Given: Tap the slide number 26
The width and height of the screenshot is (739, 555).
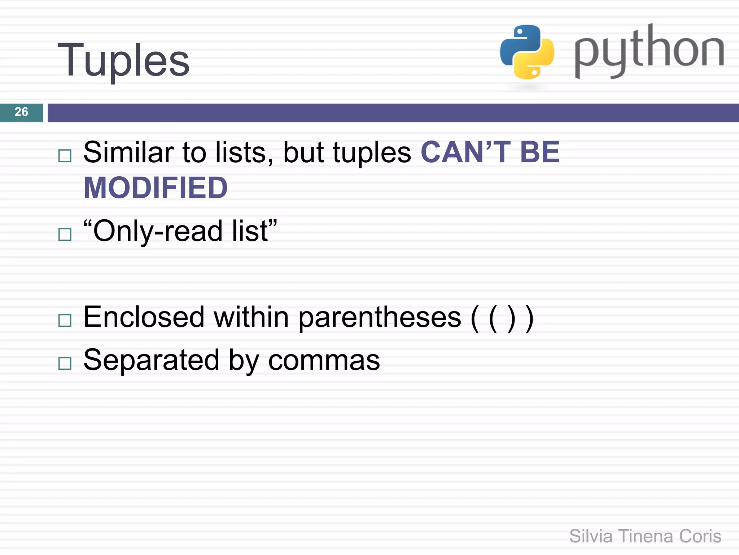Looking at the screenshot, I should (x=21, y=112).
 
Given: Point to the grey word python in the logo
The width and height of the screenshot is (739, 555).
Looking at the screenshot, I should (x=649, y=51).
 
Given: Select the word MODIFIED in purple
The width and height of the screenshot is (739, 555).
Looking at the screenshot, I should (x=156, y=188).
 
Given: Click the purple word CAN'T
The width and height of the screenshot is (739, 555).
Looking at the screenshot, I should (x=465, y=152).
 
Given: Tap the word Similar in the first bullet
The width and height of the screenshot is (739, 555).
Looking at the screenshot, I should (x=128, y=152).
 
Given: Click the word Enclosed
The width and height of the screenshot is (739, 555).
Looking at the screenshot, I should (x=144, y=317).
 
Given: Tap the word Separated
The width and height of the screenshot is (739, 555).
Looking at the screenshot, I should (x=151, y=360).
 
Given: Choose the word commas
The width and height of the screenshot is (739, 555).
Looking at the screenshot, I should (x=324, y=361).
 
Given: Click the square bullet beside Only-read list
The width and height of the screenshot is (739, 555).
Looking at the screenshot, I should (x=65, y=235).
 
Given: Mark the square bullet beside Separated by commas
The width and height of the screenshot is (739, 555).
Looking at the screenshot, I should (x=65, y=363).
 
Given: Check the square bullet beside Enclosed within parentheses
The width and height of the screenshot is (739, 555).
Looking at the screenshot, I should (x=65, y=320).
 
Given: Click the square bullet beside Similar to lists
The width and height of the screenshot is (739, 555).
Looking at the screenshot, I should (x=65, y=156).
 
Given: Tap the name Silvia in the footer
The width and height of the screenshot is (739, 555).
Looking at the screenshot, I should (x=591, y=536).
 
